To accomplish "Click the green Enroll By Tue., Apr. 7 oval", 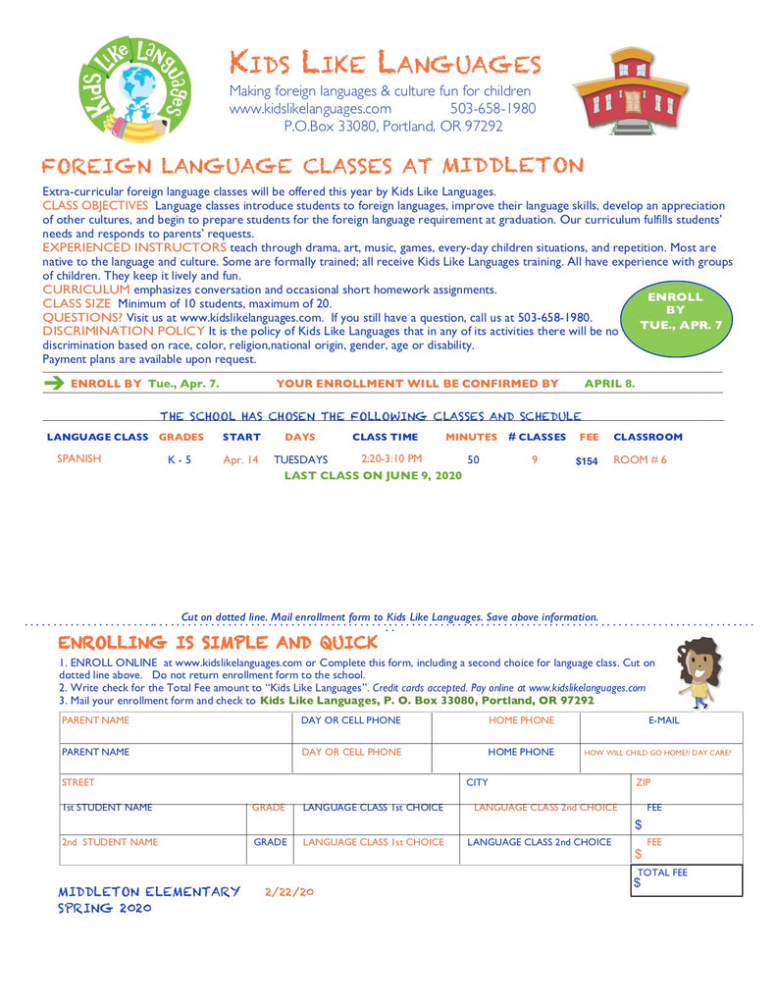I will tap(676, 310).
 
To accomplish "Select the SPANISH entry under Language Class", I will tap(78, 458).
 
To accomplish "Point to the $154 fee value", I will tap(587, 460).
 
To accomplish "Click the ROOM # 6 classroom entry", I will tap(640, 459).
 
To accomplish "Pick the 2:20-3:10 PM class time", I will tap(391, 458).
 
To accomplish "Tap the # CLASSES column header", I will tap(537, 437).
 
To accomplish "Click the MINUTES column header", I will tap(472, 437).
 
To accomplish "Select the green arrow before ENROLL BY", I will tap(54, 383).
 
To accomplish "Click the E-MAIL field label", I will tap(663, 720).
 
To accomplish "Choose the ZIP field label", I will tap(644, 783).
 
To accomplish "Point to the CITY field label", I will tap(477, 783).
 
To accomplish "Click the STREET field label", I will tap(78, 783).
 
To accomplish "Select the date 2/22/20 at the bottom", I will tap(289, 892).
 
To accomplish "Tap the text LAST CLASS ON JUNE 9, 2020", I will tap(372, 475).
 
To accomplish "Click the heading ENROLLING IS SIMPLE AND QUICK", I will tap(218, 643).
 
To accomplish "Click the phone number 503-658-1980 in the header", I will tap(492, 109).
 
